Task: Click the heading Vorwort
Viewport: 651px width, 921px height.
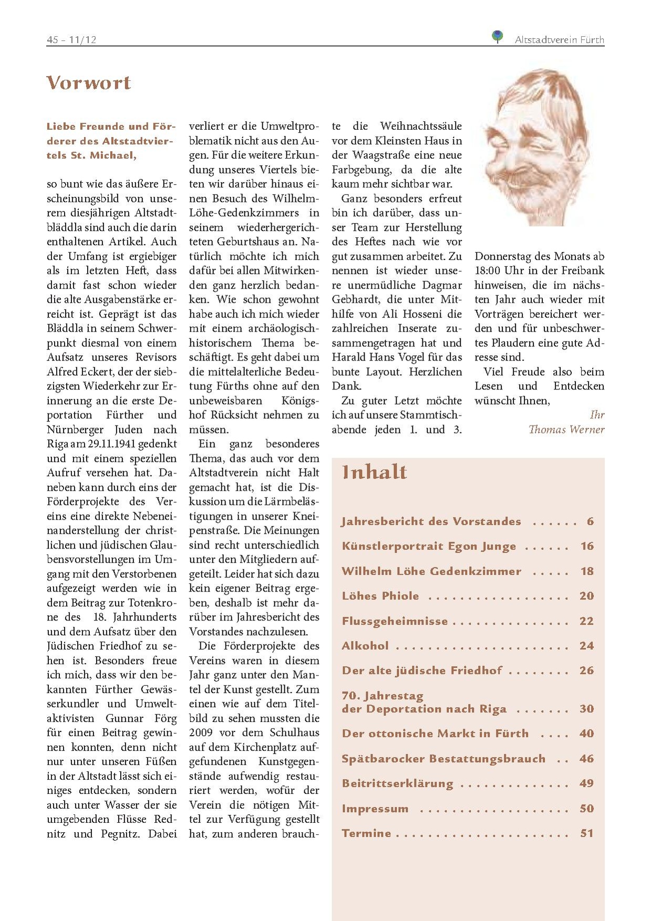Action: (x=88, y=83)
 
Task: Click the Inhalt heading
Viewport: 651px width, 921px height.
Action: (x=374, y=472)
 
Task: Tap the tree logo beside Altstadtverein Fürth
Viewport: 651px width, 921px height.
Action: (x=497, y=37)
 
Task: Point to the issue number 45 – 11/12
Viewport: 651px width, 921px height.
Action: (x=71, y=40)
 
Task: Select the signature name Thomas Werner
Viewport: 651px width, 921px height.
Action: (x=566, y=430)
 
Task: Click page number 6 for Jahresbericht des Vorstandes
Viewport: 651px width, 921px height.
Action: (x=590, y=522)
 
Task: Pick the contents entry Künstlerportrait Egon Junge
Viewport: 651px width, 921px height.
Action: (x=429, y=546)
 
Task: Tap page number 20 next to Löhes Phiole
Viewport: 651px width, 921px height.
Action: (x=586, y=596)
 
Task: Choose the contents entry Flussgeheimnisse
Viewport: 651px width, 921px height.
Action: (x=395, y=622)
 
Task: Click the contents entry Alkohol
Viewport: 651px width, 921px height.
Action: (x=365, y=646)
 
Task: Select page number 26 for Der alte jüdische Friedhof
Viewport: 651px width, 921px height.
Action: (x=586, y=671)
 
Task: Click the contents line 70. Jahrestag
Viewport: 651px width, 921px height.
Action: (x=383, y=696)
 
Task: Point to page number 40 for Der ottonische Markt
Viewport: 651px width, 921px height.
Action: (x=586, y=734)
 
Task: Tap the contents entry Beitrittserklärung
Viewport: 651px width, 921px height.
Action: (x=397, y=784)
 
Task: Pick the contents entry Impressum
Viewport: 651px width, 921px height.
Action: (x=375, y=809)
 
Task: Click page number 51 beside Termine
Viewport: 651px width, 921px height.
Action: (x=586, y=834)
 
